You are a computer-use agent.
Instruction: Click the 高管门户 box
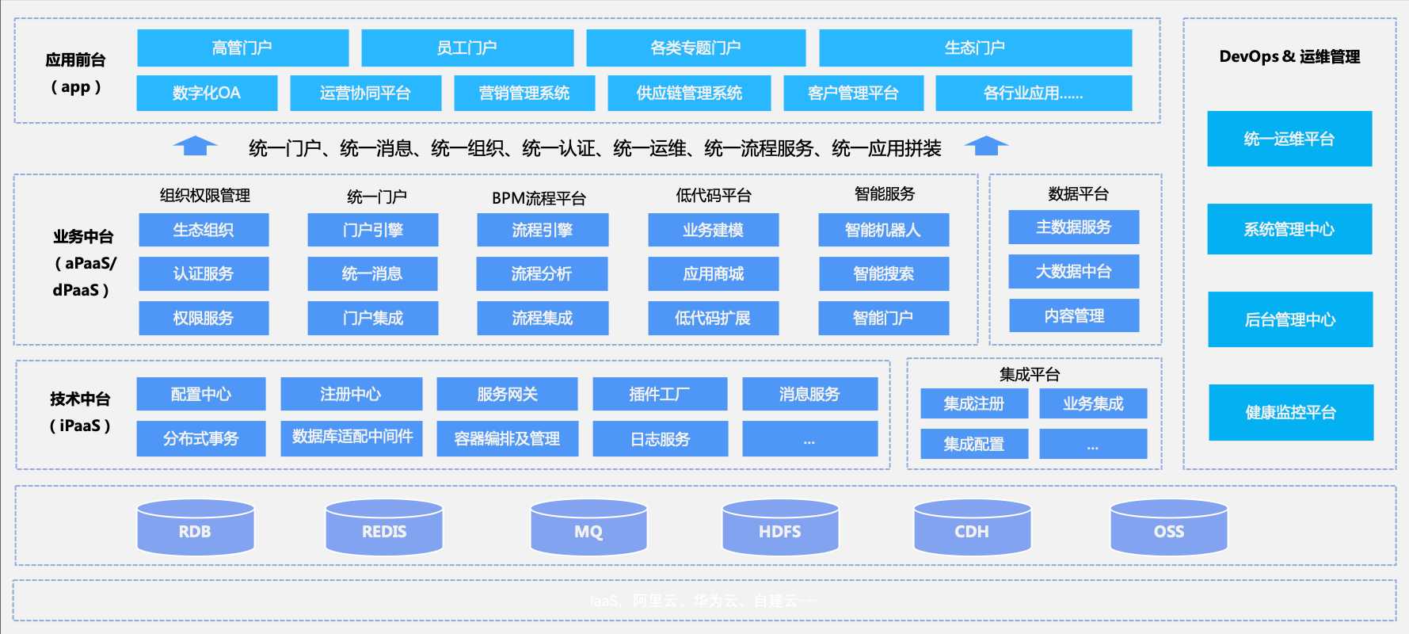pos(242,48)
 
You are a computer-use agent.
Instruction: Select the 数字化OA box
pos(207,93)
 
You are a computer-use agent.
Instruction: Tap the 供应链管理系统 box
pos(689,93)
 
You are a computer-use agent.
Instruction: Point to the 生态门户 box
pos(975,48)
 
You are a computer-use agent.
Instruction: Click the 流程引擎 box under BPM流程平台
pos(543,230)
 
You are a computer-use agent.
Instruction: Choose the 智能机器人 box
pos(883,230)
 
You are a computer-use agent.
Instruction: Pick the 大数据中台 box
pos(1074,272)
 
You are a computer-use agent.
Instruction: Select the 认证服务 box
pos(204,273)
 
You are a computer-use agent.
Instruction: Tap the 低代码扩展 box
pos(713,318)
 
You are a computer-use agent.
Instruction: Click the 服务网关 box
pos(507,394)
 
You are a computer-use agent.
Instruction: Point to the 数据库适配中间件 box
pos(352,437)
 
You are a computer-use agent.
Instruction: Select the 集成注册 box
pos(974,403)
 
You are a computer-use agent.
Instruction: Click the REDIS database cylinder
pos(384,527)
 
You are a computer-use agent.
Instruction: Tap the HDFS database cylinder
pos(780,527)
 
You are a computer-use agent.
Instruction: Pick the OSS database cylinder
pos(1169,527)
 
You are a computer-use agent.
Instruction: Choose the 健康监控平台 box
pos(1291,412)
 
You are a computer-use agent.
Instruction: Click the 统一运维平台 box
pos(1289,139)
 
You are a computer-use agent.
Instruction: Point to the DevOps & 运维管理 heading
pos(1289,56)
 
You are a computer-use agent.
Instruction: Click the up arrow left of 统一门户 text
pos(195,147)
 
